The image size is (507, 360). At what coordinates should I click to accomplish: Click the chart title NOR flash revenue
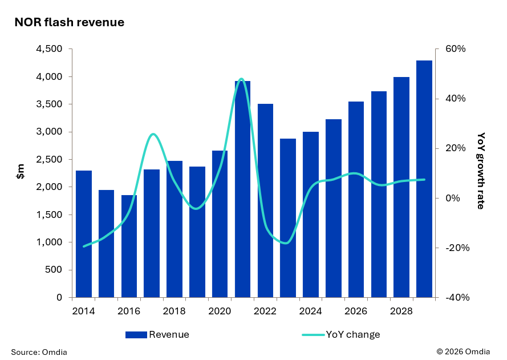pos(69,22)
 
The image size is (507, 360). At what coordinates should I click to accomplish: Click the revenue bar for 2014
pos(84,234)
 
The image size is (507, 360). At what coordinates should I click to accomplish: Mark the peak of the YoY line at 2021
pos(241,79)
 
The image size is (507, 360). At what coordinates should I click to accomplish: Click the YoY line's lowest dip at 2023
pos(286,243)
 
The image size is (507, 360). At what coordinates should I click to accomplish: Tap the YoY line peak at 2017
pos(152,134)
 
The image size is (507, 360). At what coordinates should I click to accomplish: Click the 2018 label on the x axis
pos(175,312)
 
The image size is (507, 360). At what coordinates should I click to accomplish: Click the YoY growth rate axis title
pos(481,171)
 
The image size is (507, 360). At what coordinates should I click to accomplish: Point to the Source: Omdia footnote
pos(39,352)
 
